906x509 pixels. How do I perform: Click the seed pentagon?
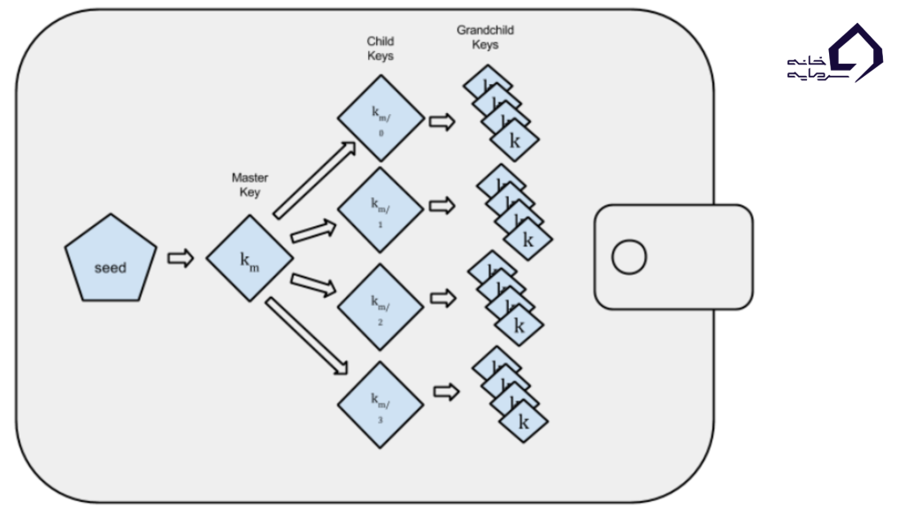click(111, 260)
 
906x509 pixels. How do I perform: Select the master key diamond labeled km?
click(250, 259)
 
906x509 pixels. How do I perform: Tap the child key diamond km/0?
click(380, 121)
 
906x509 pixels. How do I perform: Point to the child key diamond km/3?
click(380, 403)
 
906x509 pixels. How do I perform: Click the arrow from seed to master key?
click(180, 258)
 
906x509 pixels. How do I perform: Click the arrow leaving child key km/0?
click(441, 121)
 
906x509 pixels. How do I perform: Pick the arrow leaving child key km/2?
click(442, 298)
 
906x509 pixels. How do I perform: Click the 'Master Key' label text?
click(250, 185)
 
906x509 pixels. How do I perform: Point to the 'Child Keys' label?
click(380, 48)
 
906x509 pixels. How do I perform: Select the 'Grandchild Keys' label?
click(485, 37)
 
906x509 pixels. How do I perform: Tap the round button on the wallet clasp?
click(629, 257)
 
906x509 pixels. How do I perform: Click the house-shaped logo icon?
click(854, 53)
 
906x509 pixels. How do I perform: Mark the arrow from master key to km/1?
click(314, 232)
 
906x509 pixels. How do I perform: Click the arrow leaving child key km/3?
click(446, 391)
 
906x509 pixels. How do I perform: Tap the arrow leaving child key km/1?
click(441, 206)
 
